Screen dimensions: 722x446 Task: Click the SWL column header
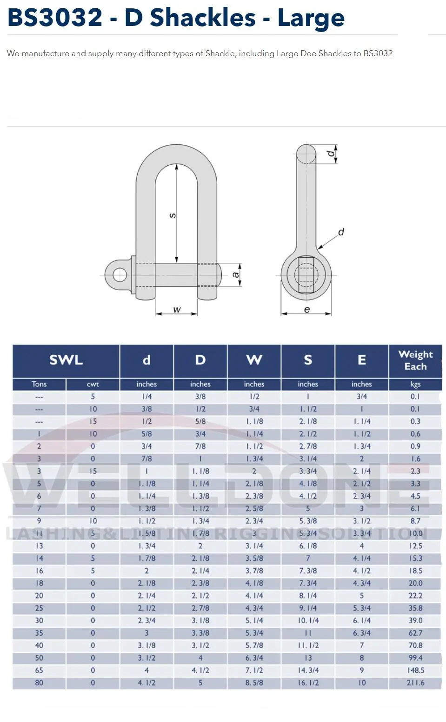click(66, 360)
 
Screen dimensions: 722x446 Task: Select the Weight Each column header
click(415, 360)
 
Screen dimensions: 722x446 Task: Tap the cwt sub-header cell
click(93, 384)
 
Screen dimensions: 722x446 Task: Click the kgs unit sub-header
click(415, 384)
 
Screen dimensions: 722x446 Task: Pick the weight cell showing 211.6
click(415, 683)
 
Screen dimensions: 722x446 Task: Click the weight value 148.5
click(415, 670)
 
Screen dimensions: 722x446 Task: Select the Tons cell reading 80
click(39, 683)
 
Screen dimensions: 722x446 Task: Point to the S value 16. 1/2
click(308, 683)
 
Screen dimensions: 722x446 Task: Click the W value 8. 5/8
click(254, 683)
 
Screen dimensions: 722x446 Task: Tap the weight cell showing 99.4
click(415, 657)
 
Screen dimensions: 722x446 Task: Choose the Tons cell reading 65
click(39, 670)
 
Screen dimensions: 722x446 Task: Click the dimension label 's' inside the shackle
click(172, 215)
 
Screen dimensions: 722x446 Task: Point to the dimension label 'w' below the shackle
click(177, 309)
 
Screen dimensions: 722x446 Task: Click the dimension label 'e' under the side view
click(306, 309)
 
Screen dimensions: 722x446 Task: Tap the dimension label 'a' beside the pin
click(236, 274)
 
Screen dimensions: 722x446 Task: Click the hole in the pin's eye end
click(120, 274)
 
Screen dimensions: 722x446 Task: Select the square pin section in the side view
click(306, 274)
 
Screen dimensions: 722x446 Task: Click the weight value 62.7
click(415, 633)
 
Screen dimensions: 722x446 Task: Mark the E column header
click(361, 360)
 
